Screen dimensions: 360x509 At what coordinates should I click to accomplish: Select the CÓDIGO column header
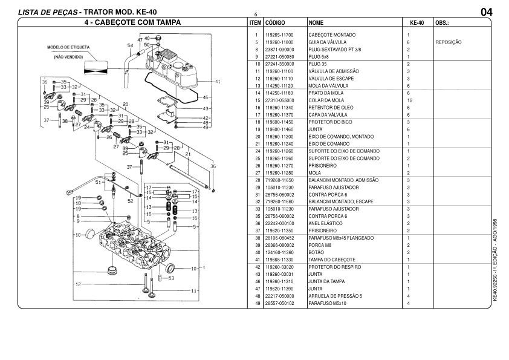276,22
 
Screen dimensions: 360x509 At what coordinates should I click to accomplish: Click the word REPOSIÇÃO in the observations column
449,42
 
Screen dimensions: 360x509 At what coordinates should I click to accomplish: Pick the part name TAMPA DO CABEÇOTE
332,260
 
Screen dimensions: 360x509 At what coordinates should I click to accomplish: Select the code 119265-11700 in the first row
279,35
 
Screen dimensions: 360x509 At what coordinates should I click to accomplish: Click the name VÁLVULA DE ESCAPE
331,79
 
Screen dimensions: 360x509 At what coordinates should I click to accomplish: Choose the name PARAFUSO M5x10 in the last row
327,303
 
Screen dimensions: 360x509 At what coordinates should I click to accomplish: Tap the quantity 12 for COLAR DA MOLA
410,100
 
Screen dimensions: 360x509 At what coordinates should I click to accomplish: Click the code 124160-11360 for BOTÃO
279,252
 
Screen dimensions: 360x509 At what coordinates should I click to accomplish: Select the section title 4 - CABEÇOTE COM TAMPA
133,22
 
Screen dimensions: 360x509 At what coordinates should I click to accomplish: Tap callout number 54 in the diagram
131,45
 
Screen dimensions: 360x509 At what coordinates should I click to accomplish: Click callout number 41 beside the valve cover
217,81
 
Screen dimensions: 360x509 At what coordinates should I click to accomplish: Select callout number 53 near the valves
171,278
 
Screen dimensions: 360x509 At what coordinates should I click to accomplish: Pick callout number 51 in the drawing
98,182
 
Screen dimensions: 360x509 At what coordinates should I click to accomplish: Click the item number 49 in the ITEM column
257,303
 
